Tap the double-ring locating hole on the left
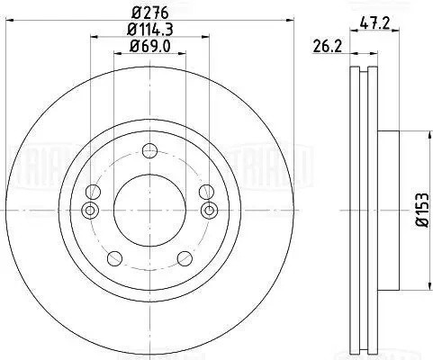89,211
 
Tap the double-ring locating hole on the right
209,211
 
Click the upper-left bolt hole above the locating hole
92,191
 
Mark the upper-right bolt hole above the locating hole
206,191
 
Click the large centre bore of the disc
149,209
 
